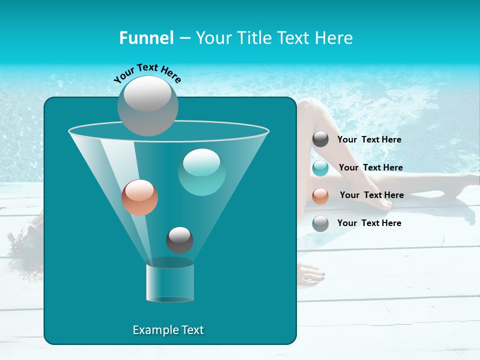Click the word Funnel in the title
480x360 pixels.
tap(146, 38)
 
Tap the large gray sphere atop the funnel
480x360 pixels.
tap(148, 105)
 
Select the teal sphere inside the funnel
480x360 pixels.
tap(201, 172)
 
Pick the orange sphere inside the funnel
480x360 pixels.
tap(139, 197)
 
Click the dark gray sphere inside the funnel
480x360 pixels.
tap(179, 240)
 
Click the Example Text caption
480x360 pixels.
tap(168, 330)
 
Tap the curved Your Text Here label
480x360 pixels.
tap(147, 72)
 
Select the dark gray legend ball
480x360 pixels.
tap(320, 139)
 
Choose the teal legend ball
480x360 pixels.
tap(320, 167)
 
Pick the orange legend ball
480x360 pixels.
tap(320, 195)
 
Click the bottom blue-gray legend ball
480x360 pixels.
tap(320, 223)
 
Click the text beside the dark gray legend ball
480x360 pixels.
tap(369, 139)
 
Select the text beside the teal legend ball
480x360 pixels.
tap(370, 167)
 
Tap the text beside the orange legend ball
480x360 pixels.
tap(371, 195)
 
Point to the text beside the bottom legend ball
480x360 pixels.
tap(369, 223)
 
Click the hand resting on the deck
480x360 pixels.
tap(311, 274)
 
